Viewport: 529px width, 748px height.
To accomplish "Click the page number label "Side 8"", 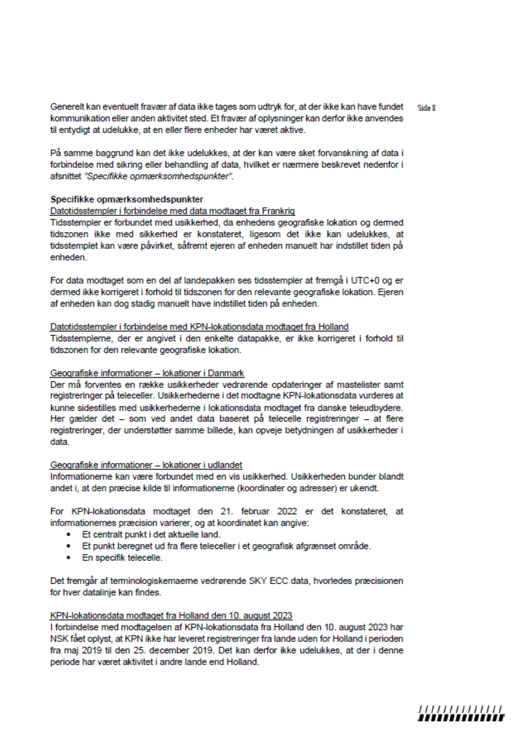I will (x=426, y=108).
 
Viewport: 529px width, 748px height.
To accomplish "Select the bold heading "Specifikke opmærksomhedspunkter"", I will (x=127, y=199).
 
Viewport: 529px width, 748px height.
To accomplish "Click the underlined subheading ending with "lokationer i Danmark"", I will (x=147, y=373).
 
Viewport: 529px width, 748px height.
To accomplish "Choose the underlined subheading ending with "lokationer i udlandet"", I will (x=146, y=465).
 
